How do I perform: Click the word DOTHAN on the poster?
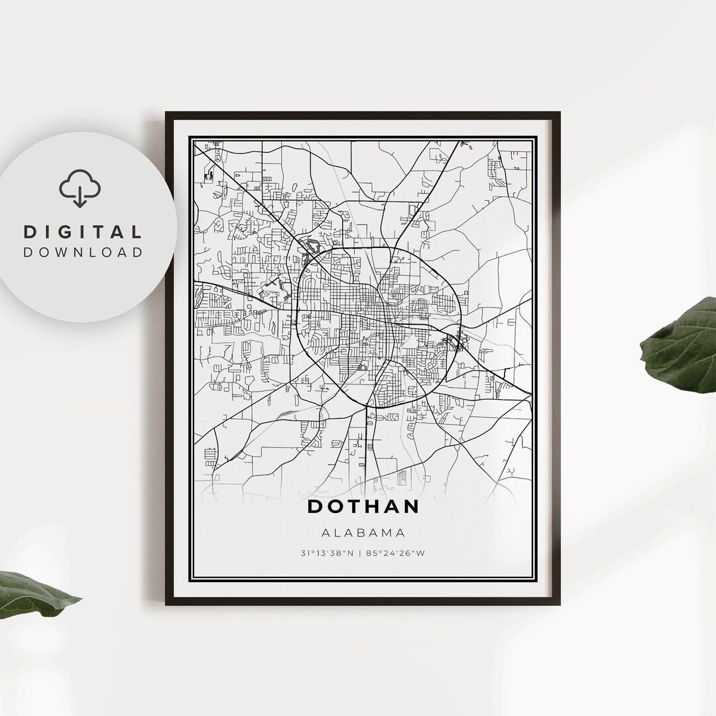click(363, 507)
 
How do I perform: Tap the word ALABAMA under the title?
click(363, 532)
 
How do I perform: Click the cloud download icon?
click(80, 188)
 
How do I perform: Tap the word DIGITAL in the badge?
click(83, 232)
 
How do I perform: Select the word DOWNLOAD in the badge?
click(83, 252)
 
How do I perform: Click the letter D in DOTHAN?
click(316, 507)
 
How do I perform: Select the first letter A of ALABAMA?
click(325, 532)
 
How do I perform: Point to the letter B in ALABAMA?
click(363, 532)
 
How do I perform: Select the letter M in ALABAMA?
click(388, 532)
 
